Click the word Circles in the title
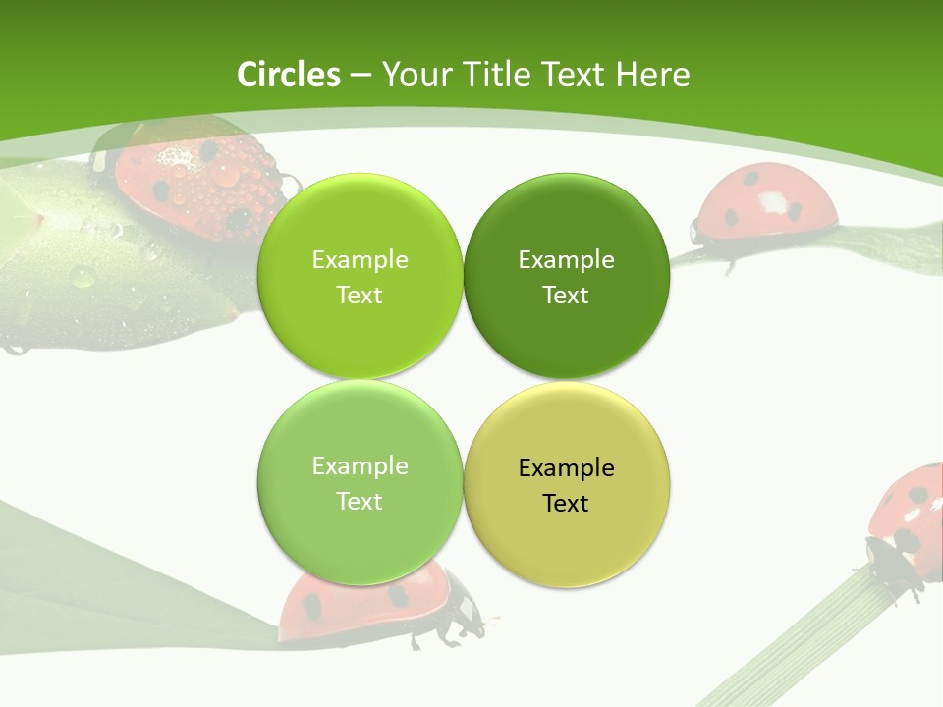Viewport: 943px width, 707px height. [x=289, y=75]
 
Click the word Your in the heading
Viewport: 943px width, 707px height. [x=417, y=75]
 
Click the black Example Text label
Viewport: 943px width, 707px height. [x=566, y=485]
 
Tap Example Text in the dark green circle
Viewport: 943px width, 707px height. [x=566, y=277]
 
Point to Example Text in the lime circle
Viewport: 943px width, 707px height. [x=360, y=277]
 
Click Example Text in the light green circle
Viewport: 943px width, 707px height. [x=360, y=483]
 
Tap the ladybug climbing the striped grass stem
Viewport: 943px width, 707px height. [x=909, y=520]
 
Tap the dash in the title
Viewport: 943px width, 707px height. [x=361, y=75]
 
